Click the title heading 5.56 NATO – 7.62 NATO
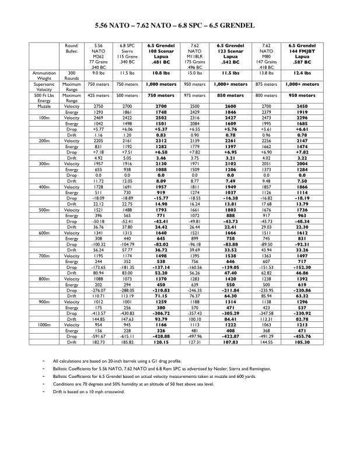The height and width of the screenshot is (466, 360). [180, 26]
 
